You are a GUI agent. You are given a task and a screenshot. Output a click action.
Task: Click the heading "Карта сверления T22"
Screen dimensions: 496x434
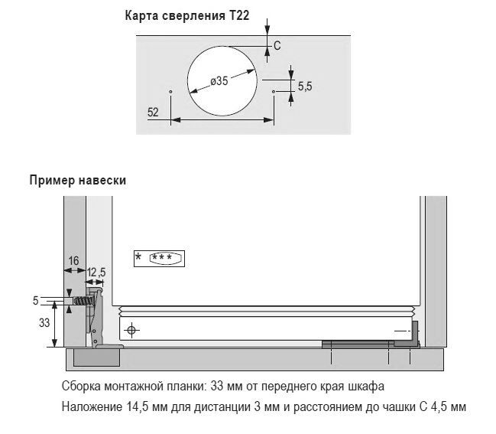(187, 15)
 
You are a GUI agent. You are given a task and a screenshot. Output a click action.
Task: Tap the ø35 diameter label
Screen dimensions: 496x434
(219, 81)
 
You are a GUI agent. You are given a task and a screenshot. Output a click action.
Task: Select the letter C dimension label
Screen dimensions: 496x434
(277, 46)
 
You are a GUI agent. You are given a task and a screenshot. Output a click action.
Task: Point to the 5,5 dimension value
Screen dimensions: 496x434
(305, 86)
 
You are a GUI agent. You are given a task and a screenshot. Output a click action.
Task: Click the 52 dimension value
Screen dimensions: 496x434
(153, 113)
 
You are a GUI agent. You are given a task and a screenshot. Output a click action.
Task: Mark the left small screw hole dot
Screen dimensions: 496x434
(171, 92)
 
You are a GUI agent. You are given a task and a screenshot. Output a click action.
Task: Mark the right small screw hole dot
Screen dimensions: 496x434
(274, 92)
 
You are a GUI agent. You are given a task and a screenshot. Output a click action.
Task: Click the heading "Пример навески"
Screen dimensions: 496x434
(78, 180)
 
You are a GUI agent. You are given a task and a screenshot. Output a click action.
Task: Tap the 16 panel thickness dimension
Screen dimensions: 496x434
(73, 261)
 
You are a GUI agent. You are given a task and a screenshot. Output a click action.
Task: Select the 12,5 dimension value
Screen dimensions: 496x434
(96, 272)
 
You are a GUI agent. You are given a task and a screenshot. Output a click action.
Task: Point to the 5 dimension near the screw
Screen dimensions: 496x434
(35, 300)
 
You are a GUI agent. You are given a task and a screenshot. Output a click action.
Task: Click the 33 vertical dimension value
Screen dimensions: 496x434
(44, 323)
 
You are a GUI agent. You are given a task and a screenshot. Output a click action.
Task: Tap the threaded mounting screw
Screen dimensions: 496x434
(84, 301)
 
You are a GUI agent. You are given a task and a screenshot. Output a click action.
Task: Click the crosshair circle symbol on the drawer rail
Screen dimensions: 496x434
(131, 331)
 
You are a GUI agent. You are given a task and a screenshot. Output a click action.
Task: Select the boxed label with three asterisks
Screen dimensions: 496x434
(159, 259)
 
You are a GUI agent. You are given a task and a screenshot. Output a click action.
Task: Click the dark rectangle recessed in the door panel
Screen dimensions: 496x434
(96, 357)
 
